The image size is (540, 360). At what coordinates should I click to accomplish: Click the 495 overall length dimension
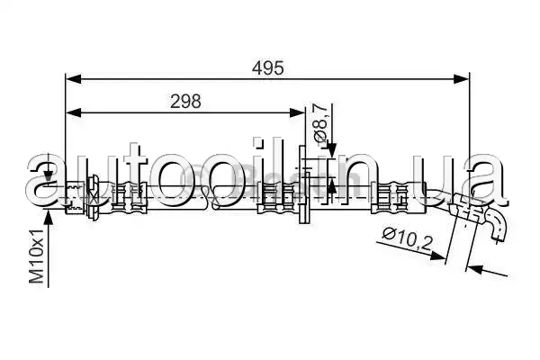pos(268,67)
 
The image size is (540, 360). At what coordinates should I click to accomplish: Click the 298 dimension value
pos(185,102)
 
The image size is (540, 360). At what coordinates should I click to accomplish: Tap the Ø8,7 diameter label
pos(319,122)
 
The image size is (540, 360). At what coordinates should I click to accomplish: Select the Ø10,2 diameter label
pos(408,238)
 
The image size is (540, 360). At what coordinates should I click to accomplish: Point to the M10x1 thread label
pos(37,256)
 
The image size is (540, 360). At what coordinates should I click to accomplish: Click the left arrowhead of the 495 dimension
pos(74,79)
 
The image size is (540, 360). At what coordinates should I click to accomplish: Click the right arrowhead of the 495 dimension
pos(461,79)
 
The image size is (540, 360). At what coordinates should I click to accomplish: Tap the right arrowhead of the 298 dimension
pos(297,112)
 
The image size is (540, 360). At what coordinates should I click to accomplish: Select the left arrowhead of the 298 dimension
pos(74,112)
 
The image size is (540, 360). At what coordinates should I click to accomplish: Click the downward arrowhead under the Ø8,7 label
pos(331,150)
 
